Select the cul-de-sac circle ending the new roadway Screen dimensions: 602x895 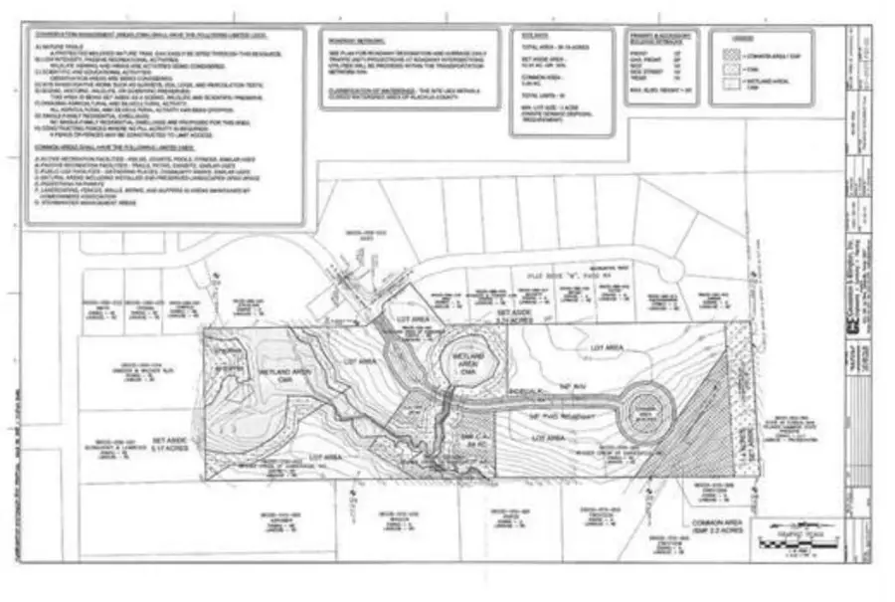(x=643, y=415)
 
